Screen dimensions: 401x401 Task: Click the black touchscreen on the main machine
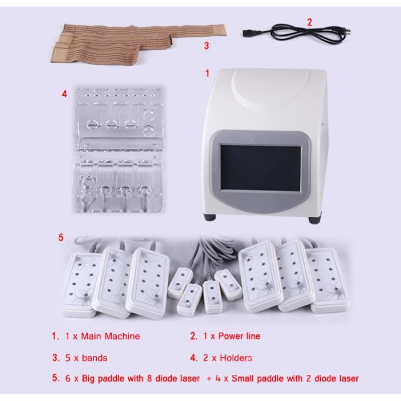tap(261, 168)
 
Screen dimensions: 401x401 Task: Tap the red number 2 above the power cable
tap(309, 22)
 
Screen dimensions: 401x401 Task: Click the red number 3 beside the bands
tap(207, 46)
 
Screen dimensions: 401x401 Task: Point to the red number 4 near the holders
tap(65, 94)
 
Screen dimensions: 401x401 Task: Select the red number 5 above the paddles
tap(61, 237)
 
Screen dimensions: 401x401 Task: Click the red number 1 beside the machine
tap(207, 73)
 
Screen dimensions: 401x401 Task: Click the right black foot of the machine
tap(314, 220)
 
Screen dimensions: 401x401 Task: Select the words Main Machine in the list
tap(110, 336)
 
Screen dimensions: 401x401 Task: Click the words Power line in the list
tap(239, 336)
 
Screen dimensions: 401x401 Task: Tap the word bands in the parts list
tap(95, 358)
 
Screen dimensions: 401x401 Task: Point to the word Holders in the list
tap(236, 358)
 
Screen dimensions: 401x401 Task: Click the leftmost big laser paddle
tap(80, 284)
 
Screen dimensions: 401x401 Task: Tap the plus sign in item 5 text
tap(210, 379)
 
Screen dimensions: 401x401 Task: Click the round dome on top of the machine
tap(271, 84)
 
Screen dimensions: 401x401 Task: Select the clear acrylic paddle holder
tap(119, 150)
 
